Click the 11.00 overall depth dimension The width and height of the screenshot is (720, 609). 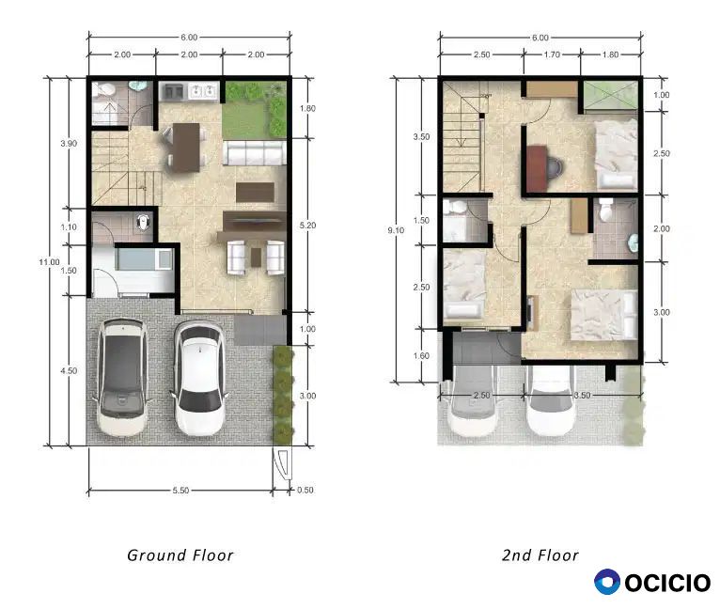(x=49, y=262)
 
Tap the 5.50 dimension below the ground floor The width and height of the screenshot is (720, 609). (x=180, y=490)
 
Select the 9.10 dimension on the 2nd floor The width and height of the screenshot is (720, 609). (x=396, y=230)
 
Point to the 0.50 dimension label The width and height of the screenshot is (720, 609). (x=305, y=490)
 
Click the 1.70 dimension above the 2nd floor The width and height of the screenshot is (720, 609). (x=552, y=55)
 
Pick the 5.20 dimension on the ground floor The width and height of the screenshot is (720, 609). (x=307, y=225)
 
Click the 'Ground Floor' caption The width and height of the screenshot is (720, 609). (x=180, y=555)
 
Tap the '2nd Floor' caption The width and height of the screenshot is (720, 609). (x=540, y=555)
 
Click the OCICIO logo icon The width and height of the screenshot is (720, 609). (x=607, y=582)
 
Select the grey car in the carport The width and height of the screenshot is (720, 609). (x=122, y=377)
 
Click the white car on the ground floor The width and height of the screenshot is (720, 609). (x=199, y=378)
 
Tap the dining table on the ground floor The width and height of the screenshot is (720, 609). (x=186, y=148)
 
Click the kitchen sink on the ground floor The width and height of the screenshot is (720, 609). (x=203, y=91)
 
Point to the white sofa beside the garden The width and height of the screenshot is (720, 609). (x=255, y=153)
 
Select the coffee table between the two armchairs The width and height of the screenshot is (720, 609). (x=256, y=258)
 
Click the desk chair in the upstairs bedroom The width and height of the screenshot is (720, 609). (x=556, y=165)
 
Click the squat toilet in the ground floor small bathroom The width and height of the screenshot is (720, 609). (x=143, y=223)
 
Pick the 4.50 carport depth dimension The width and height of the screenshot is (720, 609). (x=69, y=370)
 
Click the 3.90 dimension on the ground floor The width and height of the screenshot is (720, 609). (x=69, y=143)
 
